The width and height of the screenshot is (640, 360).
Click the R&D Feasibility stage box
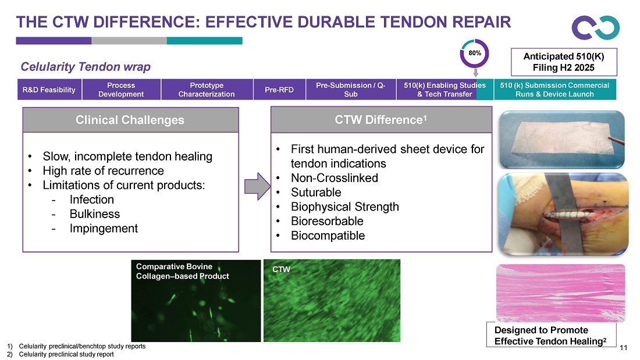point(49,90)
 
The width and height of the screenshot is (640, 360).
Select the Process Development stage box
point(121,90)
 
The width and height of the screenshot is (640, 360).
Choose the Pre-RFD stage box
point(279,90)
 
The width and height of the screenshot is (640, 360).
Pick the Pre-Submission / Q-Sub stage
point(350,90)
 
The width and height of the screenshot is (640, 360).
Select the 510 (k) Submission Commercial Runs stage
point(554,90)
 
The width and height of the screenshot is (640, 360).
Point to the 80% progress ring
point(474,53)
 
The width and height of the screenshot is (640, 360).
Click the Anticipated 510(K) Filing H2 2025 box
point(563,62)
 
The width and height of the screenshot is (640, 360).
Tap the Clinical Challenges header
point(130,120)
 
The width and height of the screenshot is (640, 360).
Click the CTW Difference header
point(382,120)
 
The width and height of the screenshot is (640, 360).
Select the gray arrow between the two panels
point(257,185)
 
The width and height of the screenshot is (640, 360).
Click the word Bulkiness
point(94,214)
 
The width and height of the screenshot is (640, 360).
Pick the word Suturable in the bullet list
point(316,192)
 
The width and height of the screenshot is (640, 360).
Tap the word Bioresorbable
point(327,221)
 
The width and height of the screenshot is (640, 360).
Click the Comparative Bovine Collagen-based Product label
point(183,271)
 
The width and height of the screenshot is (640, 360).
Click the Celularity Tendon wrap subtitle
point(86,67)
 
